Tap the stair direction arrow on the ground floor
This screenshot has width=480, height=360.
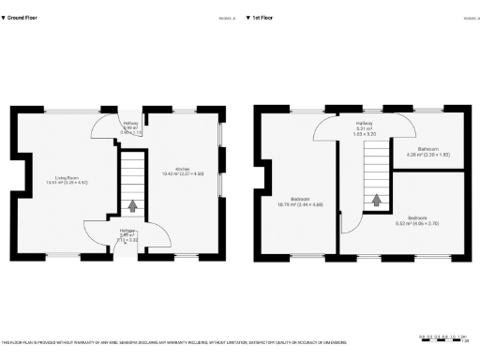132,204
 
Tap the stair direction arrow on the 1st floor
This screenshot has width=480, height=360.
377,200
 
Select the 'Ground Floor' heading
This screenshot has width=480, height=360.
25,17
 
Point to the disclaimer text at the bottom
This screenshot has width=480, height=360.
178,342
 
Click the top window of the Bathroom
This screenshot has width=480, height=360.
429,110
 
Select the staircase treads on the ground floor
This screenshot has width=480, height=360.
132,178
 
